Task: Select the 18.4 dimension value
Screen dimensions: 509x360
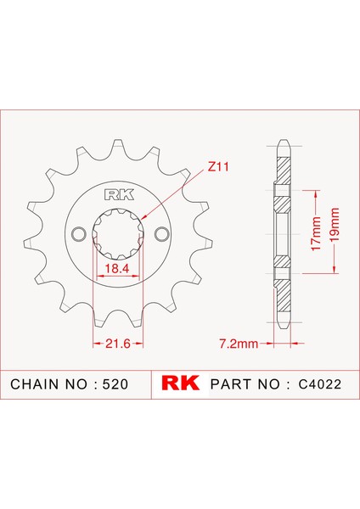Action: pos(118,268)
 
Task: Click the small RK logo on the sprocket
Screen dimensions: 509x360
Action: pos(117,193)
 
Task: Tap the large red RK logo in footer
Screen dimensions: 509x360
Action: pos(179,384)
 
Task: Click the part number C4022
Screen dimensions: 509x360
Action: pos(319,384)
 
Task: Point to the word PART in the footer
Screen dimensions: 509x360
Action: pos(227,384)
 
